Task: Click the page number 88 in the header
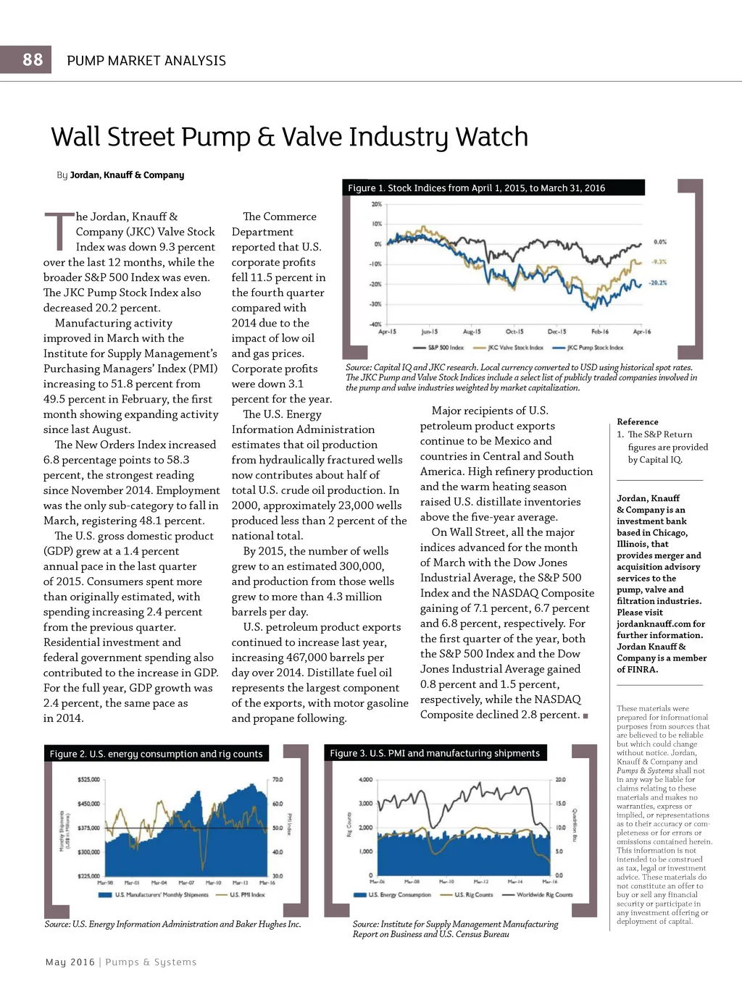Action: (33, 59)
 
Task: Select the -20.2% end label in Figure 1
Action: (657, 282)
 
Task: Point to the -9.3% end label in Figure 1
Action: (659, 262)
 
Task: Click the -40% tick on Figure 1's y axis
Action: (376, 324)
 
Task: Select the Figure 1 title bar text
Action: (476, 188)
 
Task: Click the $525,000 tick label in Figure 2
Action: (88, 780)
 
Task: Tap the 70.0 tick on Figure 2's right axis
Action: (278, 780)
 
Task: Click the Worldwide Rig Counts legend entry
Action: (544, 895)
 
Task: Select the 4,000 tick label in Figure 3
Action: (366, 780)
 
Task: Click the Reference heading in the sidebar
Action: (638, 421)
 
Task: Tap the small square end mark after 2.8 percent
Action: (585, 716)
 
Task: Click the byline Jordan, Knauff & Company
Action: (127, 175)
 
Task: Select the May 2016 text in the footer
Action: (70, 962)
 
